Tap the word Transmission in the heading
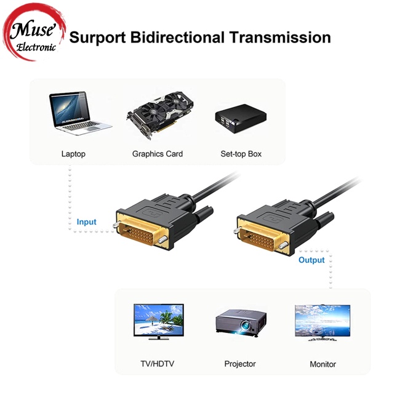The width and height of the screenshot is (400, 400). click(280, 37)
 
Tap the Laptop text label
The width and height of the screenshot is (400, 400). click(73, 154)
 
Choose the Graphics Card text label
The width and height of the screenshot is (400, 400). click(158, 154)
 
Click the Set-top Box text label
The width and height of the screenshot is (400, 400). click(241, 154)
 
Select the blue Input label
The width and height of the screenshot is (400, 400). click(87, 222)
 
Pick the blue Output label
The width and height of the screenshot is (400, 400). click(311, 260)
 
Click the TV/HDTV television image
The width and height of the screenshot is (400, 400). click(159, 321)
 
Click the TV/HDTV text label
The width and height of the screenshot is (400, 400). click(158, 364)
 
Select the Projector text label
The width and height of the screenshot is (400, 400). click(240, 364)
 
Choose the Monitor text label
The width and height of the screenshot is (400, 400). click(322, 364)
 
